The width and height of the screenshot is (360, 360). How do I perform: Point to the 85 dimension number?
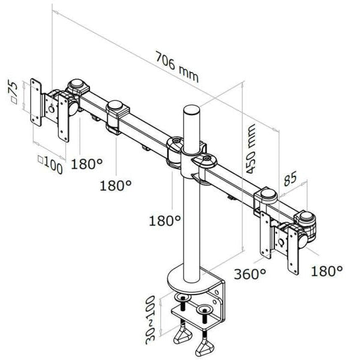(291, 179)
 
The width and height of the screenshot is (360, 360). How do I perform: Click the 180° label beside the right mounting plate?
(327, 271)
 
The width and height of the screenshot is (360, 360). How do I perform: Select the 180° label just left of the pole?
(165, 221)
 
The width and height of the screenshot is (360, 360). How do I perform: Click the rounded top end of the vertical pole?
(190, 111)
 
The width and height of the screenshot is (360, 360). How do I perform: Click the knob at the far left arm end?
(77, 85)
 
